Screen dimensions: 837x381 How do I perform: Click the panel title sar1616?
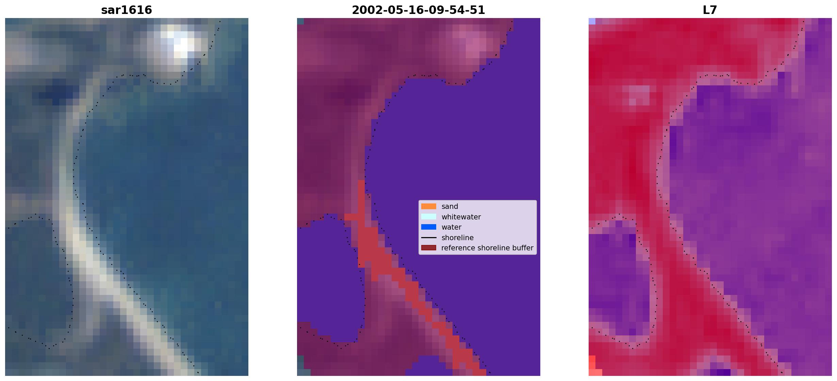[127, 10]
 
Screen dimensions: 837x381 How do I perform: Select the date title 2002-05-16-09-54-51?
[419, 10]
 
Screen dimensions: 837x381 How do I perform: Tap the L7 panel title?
[710, 10]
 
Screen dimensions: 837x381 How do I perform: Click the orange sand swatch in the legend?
[429, 206]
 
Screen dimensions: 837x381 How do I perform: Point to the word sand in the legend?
[450, 206]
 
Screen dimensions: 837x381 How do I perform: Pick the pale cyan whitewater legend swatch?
[429, 217]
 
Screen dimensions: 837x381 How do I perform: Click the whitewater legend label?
[461, 217]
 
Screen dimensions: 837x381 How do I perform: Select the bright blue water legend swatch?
[429, 227]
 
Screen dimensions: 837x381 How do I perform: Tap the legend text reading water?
[452, 227]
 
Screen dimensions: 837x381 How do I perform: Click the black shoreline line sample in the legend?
[429, 237]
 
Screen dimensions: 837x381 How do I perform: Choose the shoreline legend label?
[458, 238]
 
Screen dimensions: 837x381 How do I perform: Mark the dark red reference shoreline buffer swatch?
[429, 248]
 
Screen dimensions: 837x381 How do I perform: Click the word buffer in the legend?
[523, 248]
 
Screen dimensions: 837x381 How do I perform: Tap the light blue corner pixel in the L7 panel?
[592, 21]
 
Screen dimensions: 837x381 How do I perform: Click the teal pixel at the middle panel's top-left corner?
[300, 21]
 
